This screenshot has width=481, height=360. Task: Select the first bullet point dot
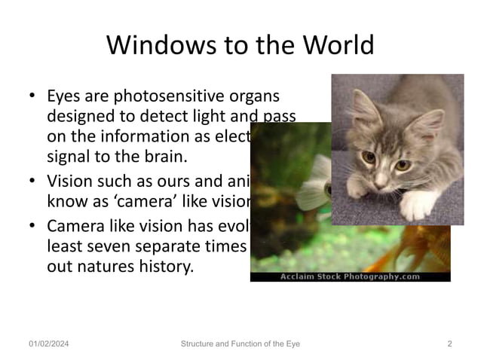[32, 97]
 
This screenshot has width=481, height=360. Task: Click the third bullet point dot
[32, 227]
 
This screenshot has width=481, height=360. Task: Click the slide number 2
[449, 344]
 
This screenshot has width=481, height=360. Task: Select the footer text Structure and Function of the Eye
[240, 344]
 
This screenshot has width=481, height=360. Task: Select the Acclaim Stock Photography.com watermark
[350, 276]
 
